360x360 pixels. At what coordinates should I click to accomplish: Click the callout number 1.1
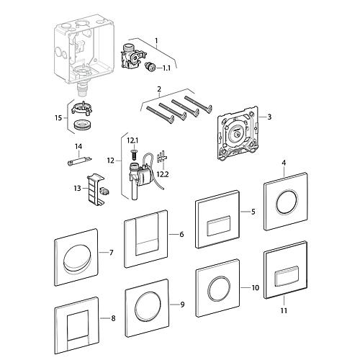[x=166, y=68]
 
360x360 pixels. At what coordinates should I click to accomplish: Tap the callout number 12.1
[x=132, y=141]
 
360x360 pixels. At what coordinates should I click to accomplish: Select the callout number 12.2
[x=163, y=174]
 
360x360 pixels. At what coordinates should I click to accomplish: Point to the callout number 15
[x=58, y=118]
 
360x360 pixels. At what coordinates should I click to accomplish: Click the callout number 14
[x=78, y=146]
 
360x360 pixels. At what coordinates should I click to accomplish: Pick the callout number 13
[x=77, y=189]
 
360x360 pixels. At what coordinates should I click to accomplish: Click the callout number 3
[x=269, y=117]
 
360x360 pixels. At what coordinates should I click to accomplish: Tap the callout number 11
[x=284, y=310]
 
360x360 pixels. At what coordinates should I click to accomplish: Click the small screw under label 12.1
[x=134, y=153]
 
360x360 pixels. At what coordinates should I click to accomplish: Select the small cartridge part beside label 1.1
[x=150, y=66]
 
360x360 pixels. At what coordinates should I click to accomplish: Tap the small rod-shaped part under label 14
[x=79, y=161]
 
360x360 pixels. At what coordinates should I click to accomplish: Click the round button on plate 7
[x=78, y=258]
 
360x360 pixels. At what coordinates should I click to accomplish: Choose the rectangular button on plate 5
[x=219, y=225]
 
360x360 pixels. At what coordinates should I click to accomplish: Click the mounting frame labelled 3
[x=238, y=132]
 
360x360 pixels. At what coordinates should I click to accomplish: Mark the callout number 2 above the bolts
[x=159, y=89]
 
